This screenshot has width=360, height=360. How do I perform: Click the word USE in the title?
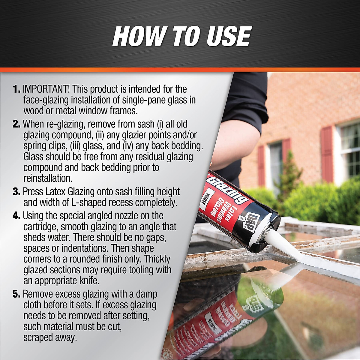click(223, 36)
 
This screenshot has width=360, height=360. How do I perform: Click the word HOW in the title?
click(138, 36)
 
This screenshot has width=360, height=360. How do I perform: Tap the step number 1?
click(16, 89)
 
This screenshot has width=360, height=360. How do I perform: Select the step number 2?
click(16, 124)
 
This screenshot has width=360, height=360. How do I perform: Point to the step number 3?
click(16, 192)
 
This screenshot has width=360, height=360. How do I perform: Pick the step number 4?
click(16, 216)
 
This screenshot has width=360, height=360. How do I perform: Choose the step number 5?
click(16, 294)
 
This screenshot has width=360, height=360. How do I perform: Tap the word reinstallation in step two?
click(48, 178)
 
